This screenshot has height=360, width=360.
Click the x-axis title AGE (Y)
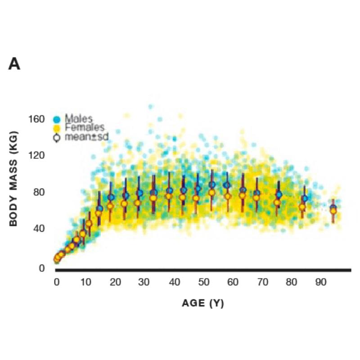(202, 303)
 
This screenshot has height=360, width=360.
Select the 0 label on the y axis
(41, 268)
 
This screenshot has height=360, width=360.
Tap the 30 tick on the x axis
(144, 282)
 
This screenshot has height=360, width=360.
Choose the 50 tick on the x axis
(203, 282)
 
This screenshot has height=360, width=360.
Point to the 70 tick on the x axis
(262, 282)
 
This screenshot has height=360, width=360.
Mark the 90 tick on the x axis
(320, 282)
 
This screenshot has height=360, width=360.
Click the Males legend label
(78, 119)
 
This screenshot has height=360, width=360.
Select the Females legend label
(84, 128)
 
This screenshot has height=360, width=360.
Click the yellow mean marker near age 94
(333, 211)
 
